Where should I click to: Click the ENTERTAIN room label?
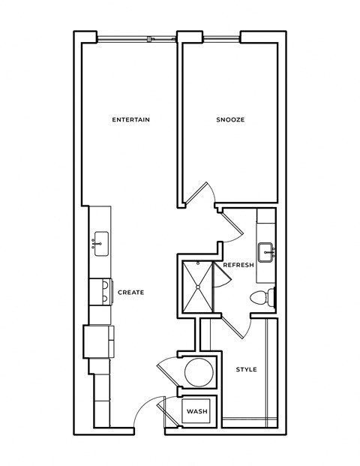click(x=131, y=120)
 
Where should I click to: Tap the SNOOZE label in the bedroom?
click(x=230, y=120)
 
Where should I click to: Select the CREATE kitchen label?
click(x=130, y=292)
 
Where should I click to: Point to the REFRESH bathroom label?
click(x=238, y=265)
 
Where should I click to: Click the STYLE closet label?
click(x=247, y=369)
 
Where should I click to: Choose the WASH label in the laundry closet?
click(x=196, y=412)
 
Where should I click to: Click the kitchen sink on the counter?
click(x=100, y=243)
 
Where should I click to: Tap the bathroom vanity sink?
click(x=267, y=250)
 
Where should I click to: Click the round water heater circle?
click(x=198, y=373)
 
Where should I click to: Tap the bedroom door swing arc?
click(x=202, y=194)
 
